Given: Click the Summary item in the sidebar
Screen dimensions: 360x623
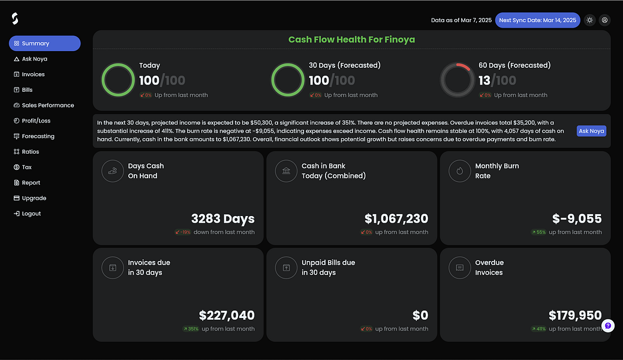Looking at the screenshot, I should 44,43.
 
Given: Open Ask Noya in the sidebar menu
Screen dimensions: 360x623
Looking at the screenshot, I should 34,59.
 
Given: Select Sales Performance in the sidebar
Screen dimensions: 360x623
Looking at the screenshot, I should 47,105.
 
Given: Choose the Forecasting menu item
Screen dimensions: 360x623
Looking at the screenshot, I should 38,136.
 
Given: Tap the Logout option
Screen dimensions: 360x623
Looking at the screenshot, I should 31,214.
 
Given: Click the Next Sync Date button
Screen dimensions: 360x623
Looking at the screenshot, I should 537,20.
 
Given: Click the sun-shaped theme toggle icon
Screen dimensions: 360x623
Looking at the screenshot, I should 590,20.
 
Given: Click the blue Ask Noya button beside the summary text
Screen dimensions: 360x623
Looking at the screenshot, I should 591,131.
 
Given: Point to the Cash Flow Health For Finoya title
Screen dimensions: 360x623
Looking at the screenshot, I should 351,40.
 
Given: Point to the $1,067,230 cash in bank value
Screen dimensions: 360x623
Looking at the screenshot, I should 396,219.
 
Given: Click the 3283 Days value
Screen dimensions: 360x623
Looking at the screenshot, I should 222,219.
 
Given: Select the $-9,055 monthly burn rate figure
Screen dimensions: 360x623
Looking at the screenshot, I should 576,219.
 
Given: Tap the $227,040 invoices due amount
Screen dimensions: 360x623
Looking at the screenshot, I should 227,315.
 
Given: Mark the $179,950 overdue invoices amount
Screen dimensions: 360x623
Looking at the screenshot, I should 574,315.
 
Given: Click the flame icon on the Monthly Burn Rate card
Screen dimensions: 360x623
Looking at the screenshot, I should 460,171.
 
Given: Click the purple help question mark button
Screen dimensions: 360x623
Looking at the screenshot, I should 608,326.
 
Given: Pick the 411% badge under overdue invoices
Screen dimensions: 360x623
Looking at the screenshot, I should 538,329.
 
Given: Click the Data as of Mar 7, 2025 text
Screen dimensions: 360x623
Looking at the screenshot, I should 461,20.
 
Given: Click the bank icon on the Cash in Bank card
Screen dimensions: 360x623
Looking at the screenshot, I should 286,171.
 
